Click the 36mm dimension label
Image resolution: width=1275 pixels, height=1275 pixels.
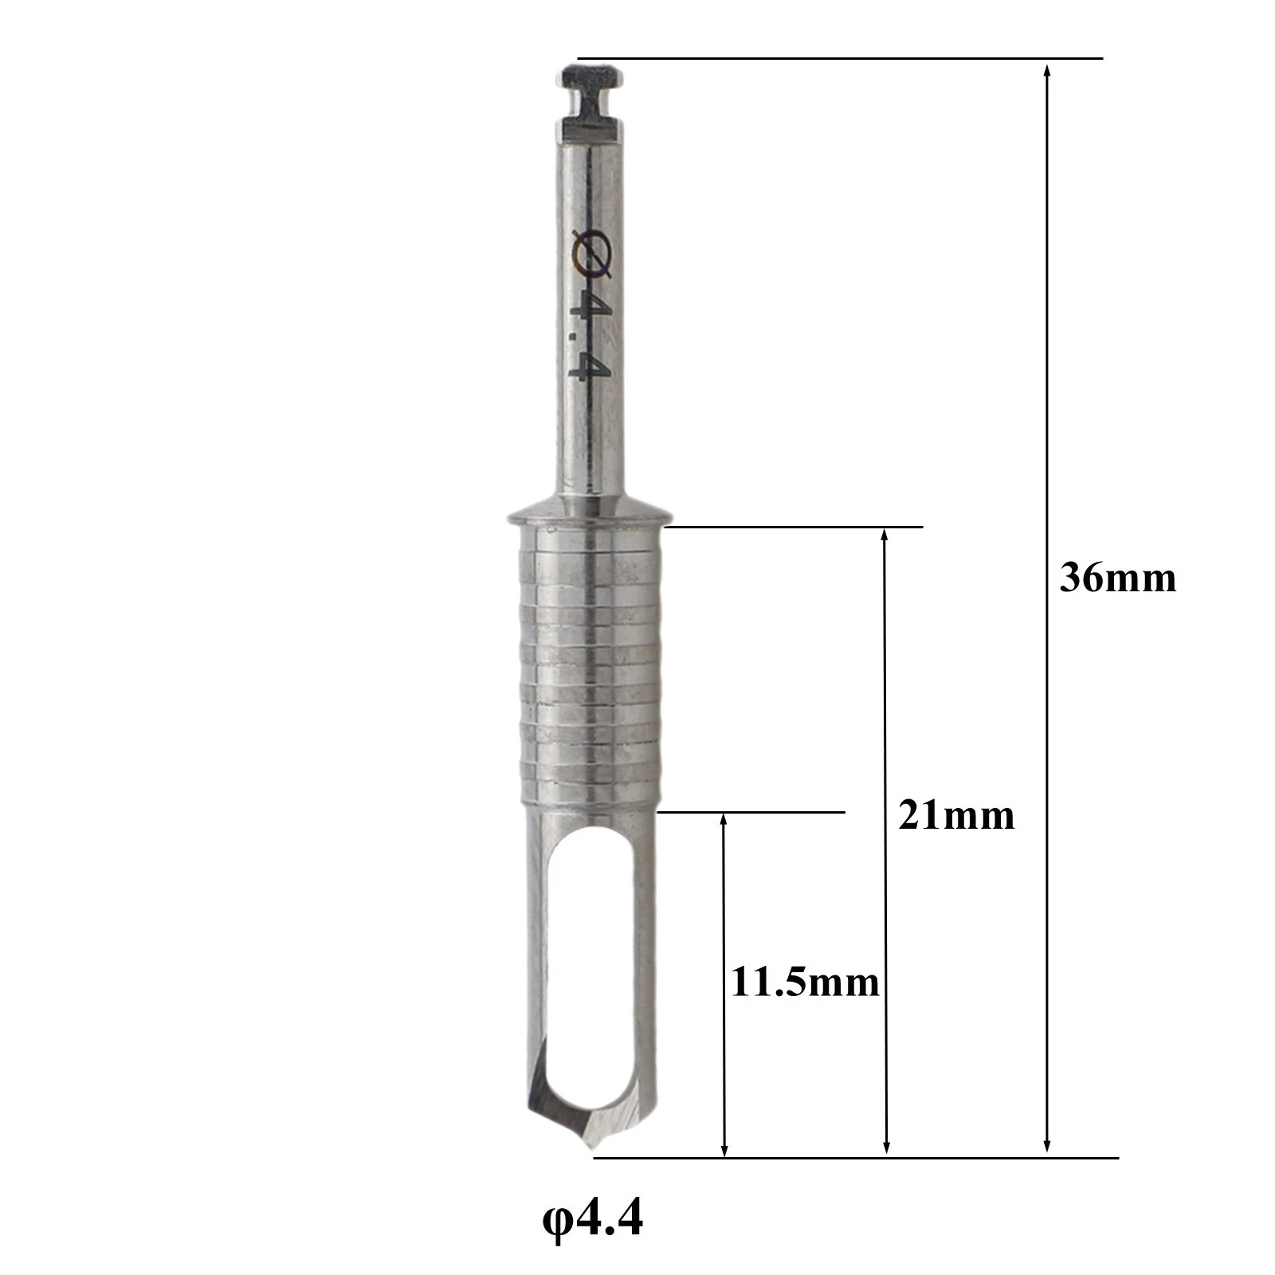[1117, 578]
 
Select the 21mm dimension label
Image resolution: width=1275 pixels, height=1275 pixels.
[956, 815]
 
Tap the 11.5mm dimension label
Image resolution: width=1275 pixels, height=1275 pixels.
[806, 983]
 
